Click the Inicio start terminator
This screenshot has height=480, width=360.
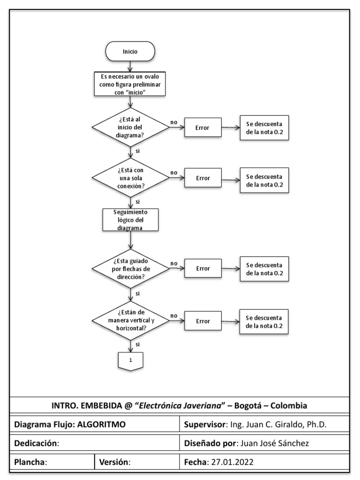[x=130, y=52]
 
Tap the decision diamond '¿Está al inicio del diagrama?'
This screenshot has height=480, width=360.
[x=131, y=127]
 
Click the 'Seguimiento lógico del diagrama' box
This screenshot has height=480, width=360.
[x=131, y=220]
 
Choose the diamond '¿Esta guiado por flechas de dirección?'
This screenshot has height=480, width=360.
[x=131, y=269]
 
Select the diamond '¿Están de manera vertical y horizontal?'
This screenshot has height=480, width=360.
[x=131, y=321]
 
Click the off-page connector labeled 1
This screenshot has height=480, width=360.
[x=131, y=361]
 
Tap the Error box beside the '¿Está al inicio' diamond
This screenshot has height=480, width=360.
[x=203, y=127]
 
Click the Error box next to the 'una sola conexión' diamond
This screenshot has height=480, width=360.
[x=203, y=178]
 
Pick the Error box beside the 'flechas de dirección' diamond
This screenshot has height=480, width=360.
[x=203, y=269]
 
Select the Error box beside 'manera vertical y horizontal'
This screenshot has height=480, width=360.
[x=203, y=321]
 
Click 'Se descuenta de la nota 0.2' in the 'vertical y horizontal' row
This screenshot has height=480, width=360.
[x=264, y=321]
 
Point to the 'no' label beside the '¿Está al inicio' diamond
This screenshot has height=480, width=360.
[x=173, y=122]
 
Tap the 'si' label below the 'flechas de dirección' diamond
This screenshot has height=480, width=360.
[x=137, y=293]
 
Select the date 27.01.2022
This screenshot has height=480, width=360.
[x=232, y=461]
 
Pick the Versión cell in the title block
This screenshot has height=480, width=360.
[x=136, y=461]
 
